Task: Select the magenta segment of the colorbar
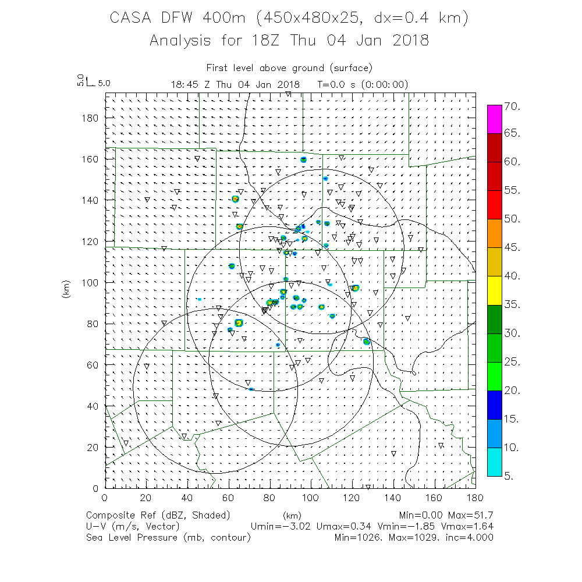pyautogui.click(x=494, y=119)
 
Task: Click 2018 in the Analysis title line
pyautogui.click(x=408, y=41)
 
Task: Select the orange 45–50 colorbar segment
pyautogui.click(x=494, y=233)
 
